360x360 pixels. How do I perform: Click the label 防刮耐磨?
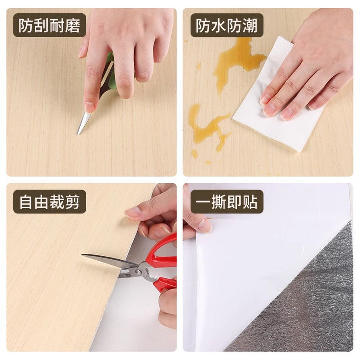tap(49, 25)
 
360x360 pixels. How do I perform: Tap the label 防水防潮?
tap(226, 25)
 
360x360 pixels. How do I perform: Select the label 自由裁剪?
tap(49, 202)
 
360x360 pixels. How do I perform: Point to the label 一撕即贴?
tap(226, 202)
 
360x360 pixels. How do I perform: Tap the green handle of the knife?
tap(110, 69)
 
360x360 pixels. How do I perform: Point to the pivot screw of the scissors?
tap(138, 272)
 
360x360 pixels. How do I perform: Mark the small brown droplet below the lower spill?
tap(208, 162)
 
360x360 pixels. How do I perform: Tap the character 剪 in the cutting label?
tap(73, 202)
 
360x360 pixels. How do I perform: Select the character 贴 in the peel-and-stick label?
tap(250, 202)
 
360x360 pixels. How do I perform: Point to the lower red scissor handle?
tap(165, 284)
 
